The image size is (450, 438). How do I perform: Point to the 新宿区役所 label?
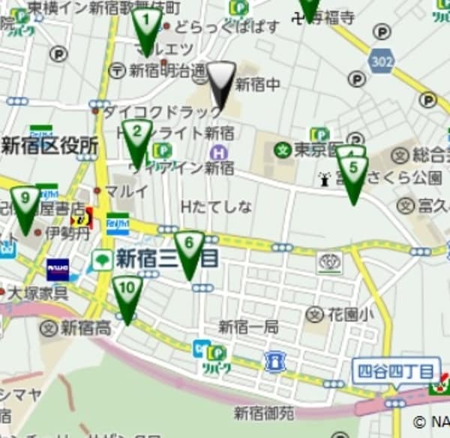pyautogui.click(x=49, y=146)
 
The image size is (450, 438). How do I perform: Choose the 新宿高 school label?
pyautogui.click(x=86, y=327)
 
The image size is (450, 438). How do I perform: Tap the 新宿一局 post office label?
pyautogui.click(x=248, y=327)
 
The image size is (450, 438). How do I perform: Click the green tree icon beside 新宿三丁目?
pyautogui.click(x=101, y=260)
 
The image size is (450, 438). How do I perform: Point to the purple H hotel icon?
pyautogui.click(x=218, y=153)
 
